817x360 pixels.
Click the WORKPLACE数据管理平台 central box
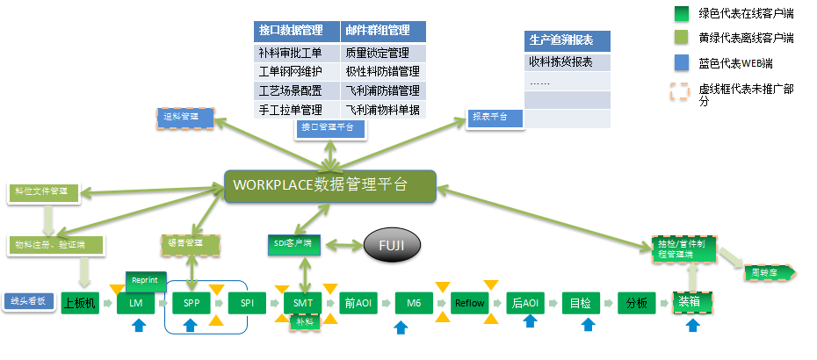329,185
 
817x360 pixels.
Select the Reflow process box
470,304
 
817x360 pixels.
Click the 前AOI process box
358,304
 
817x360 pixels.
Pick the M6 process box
413,304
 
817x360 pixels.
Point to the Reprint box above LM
144,280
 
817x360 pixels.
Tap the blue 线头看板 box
28,302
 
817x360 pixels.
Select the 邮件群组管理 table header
383,31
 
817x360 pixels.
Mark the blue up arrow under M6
401,328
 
